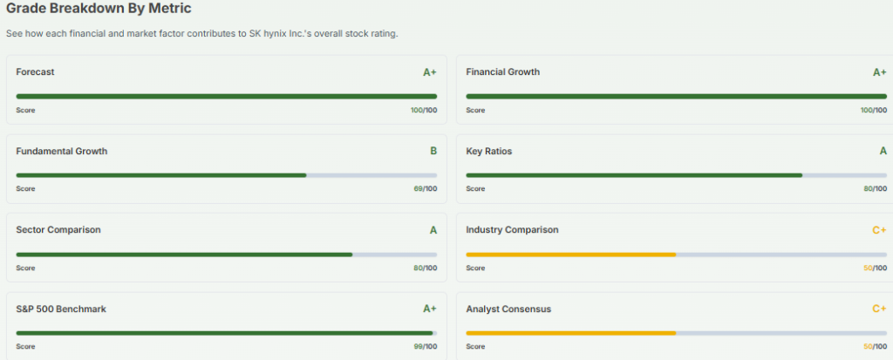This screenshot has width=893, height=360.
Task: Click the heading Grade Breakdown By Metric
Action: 99,9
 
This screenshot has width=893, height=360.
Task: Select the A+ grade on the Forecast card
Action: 429,72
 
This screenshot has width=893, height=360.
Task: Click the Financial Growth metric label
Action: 502,71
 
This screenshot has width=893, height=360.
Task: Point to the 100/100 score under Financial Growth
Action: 873,110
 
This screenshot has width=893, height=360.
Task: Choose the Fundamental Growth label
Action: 61,151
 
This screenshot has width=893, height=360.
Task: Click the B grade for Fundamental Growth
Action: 433,151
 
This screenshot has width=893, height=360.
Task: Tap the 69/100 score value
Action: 425,189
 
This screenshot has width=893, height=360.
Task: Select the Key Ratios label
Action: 488,151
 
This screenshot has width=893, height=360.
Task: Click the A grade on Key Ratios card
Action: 883,151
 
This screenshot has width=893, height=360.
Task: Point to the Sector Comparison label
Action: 58,230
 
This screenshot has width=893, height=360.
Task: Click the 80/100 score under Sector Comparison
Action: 425,268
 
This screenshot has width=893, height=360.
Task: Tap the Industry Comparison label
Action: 512,230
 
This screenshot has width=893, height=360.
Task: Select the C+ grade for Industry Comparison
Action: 879,230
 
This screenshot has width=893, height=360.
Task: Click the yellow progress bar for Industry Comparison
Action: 570,254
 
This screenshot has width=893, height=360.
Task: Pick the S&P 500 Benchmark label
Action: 61,309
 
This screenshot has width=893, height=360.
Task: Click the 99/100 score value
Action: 425,347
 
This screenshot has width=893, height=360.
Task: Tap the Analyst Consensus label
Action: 508,309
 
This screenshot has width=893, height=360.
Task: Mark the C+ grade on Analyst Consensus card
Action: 879,309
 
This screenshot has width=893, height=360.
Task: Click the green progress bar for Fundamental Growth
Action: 161,175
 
